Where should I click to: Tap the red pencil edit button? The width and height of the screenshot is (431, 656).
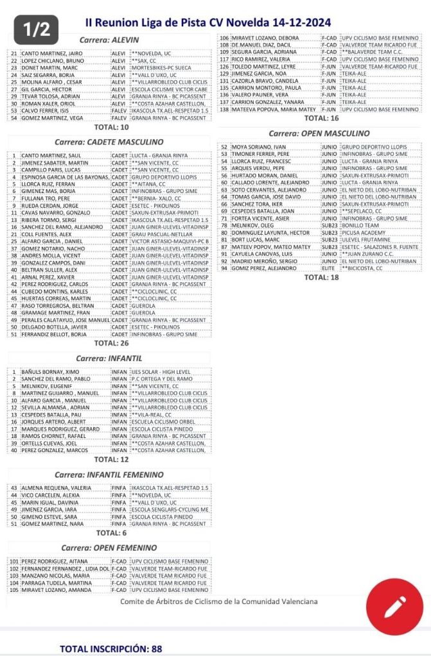point(394,605)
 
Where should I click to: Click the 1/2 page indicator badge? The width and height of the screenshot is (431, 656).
point(36,29)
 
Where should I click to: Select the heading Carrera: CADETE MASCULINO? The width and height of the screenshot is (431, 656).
point(116,142)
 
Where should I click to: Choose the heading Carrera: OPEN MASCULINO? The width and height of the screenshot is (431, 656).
point(319,133)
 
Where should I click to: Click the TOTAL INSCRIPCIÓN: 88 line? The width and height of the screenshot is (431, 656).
point(110,648)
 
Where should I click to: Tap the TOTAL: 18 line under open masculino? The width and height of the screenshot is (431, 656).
point(321,278)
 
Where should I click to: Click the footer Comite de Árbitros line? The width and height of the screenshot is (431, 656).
point(218,601)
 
